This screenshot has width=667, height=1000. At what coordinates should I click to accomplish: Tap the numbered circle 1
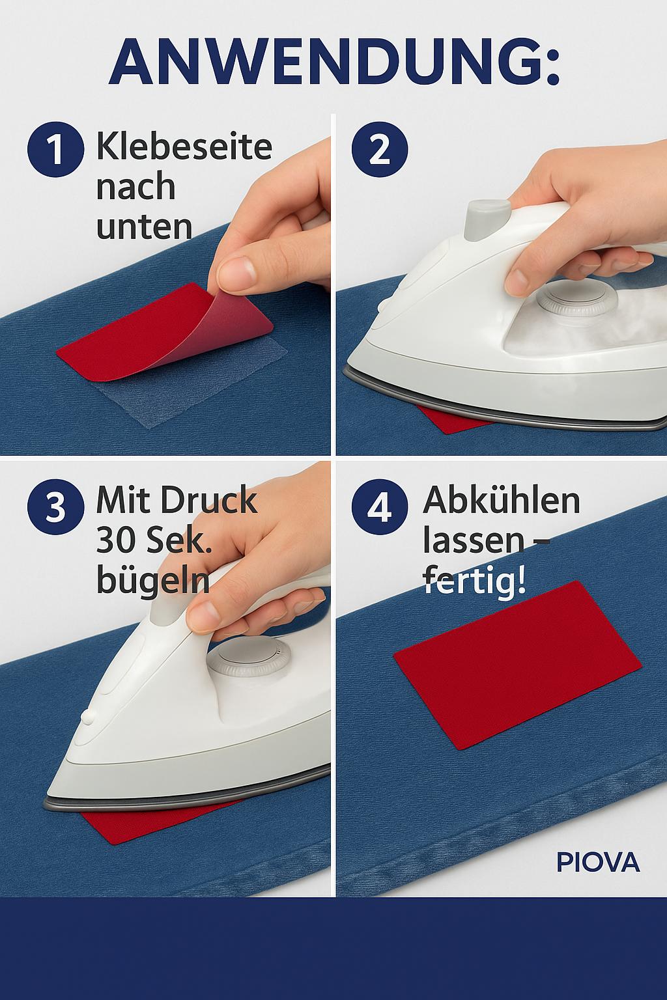point(55,149)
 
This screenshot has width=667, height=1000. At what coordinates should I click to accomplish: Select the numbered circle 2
point(379,149)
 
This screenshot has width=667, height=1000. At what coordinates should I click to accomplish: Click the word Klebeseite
point(184,146)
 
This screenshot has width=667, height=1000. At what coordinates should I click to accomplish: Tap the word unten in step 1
point(144,226)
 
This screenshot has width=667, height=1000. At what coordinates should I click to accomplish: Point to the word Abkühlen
point(501,500)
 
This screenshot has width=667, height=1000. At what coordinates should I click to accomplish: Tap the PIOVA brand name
point(598,863)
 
